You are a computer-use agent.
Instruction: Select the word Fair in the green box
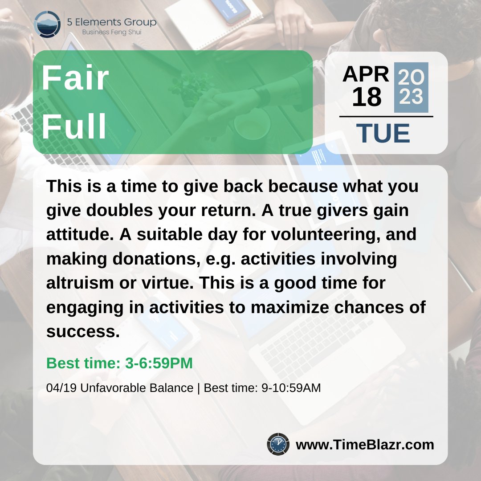75,79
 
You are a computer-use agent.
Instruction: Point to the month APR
366,75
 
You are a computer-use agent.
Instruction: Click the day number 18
367,97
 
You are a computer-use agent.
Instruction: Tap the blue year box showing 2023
411,87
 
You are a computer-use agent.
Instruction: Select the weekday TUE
383,134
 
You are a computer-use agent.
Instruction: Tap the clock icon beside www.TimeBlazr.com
278,444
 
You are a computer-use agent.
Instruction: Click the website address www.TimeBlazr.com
365,444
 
